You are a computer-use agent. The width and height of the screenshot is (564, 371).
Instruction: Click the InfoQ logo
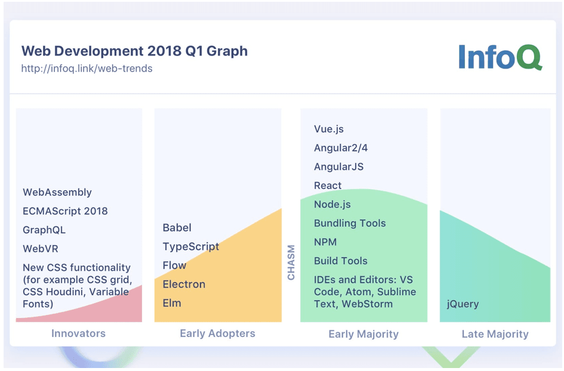point(500,57)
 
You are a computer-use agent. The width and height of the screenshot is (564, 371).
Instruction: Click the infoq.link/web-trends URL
point(87,69)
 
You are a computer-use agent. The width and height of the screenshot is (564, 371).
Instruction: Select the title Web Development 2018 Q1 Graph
point(134,51)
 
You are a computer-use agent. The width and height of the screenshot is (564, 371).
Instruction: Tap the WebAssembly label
point(57,192)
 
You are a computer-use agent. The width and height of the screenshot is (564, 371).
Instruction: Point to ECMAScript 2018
point(65,211)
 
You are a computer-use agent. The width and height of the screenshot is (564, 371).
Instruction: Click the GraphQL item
point(44,230)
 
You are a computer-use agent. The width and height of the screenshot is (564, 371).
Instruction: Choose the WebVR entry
point(41,249)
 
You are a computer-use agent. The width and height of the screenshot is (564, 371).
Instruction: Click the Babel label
point(177,227)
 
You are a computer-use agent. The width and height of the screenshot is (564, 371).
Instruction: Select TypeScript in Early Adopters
point(191,246)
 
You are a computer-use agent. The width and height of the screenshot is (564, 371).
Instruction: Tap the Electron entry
point(184,284)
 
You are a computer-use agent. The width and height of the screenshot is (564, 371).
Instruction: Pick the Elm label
point(172,303)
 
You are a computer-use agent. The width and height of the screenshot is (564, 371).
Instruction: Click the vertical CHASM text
point(291,262)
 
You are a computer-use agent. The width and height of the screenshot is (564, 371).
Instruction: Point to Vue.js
point(329,129)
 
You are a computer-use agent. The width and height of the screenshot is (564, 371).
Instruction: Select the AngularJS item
point(338,167)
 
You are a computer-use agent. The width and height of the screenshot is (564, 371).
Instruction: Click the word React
point(328,185)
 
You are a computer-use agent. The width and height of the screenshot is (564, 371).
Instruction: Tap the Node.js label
point(332,205)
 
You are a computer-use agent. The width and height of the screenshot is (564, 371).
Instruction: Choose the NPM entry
point(325,242)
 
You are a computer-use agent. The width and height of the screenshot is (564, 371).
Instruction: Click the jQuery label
point(463,304)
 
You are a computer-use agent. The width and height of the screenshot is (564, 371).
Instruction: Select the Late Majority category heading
point(495,334)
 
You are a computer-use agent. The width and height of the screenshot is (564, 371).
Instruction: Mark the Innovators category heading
point(78,333)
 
